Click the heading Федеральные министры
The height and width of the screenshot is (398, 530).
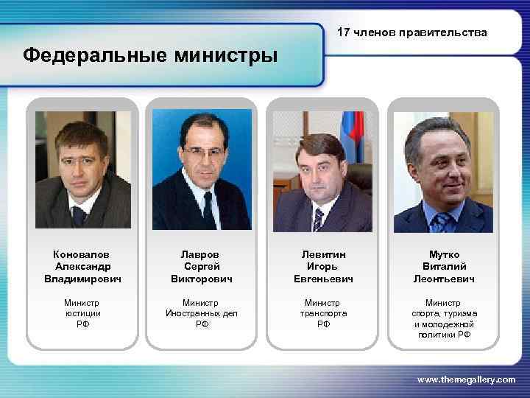tap(151, 55)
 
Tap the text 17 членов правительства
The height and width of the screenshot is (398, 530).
tap(411, 32)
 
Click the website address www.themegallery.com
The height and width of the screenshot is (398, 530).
tap(466, 379)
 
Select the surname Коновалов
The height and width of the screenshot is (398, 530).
tap(82, 254)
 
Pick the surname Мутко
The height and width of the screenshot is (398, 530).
tap(443, 254)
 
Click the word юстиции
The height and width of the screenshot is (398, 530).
tap(82, 313)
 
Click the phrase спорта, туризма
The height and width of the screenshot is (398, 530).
tap(443, 313)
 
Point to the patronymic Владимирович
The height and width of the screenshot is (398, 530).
tap(82, 279)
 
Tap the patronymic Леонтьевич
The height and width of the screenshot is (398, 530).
tap(443, 279)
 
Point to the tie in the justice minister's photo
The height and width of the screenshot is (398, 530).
tap(79, 216)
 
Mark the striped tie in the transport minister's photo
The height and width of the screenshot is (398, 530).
tap(318, 218)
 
